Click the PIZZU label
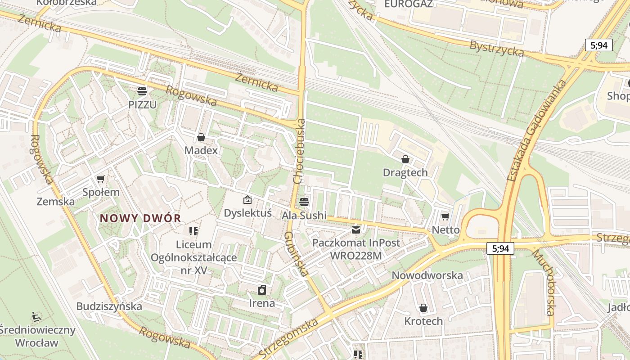coord(142,104)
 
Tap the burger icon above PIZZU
coord(142,91)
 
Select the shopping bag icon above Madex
coord(201,137)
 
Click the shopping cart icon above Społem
coord(101,179)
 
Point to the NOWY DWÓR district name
coord(140,219)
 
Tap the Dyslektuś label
coord(247,213)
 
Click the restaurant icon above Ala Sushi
coord(304,202)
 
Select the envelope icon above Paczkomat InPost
coord(356,230)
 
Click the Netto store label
coord(445,230)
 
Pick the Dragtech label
coord(405,173)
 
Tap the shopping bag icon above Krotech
coord(423,308)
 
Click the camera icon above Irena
coord(262,290)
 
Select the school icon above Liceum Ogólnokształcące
coord(193,231)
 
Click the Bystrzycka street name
coord(496,49)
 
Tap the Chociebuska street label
coord(299,151)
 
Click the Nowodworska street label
coord(427,275)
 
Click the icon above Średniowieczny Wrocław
coord(36,317)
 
